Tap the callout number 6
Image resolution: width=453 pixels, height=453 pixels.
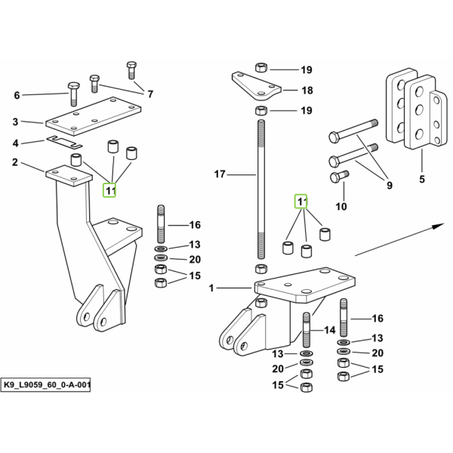click(x=17, y=95)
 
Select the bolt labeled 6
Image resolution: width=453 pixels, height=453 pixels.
click(x=73, y=94)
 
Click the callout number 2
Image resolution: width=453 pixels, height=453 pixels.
click(x=15, y=162)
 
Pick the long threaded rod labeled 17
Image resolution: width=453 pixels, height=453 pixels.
click(x=261, y=190)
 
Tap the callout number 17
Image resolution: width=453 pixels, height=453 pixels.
click(x=220, y=174)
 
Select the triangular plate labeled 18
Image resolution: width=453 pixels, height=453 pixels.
click(x=256, y=86)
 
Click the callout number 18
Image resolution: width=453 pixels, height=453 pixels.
click(x=307, y=91)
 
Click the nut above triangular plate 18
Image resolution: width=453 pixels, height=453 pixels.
click(x=261, y=68)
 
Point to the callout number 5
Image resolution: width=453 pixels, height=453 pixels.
click(x=422, y=179)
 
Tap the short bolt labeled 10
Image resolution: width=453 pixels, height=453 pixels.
click(x=339, y=176)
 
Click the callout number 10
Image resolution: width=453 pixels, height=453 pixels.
click(x=341, y=207)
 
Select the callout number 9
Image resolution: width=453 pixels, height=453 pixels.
click(x=390, y=185)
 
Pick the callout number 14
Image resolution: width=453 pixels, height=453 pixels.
click(x=330, y=330)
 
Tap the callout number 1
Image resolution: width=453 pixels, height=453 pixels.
click(x=211, y=288)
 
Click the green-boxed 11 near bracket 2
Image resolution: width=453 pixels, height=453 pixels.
click(x=109, y=191)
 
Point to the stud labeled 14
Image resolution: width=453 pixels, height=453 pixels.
click(x=307, y=330)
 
